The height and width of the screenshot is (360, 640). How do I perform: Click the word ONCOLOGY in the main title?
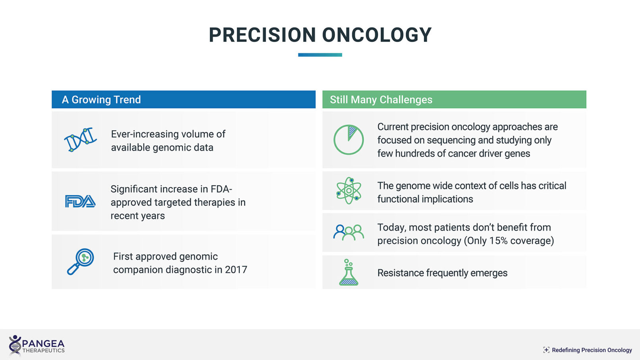(376, 35)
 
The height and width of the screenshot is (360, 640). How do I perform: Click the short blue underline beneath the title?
(320, 55)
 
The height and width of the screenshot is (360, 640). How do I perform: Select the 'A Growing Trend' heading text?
(101, 100)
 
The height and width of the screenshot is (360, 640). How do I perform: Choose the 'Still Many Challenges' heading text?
(381, 100)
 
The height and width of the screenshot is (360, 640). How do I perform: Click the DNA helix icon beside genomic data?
(80, 140)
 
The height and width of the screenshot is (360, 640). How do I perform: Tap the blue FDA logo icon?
(80, 201)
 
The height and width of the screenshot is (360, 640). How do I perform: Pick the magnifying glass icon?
(80, 262)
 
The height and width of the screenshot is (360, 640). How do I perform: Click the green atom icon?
(349, 191)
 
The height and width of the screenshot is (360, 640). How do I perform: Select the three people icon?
(349, 232)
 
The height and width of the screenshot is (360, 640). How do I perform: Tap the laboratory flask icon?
(349, 272)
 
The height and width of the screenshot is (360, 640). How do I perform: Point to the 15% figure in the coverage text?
(498, 241)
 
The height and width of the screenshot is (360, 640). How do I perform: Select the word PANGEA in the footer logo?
(43, 343)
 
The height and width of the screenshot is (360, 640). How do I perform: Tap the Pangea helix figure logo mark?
(15, 346)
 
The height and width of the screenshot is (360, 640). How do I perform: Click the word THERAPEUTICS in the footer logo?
(43, 350)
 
